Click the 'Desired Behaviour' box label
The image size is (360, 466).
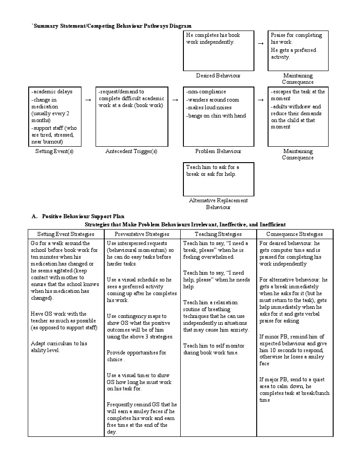pyautogui.click(x=218, y=76)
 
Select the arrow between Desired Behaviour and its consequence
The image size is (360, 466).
pyautogui.click(x=261, y=43)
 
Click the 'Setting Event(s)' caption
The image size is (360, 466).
pyautogui.click(x=54, y=151)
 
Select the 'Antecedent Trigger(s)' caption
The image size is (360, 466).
pyautogui.click(x=131, y=151)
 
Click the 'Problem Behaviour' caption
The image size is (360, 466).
pyautogui.click(x=218, y=151)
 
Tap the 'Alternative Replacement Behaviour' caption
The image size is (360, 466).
pyautogui.click(x=218, y=204)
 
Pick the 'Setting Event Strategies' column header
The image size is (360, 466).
pyautogui.click(x=66, y=234)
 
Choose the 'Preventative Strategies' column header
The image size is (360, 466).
pyautogui.click(x=142, y=234)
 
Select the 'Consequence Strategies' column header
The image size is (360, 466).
pyautogui.click(x=294, y=234)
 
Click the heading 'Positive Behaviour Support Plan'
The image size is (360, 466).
pyautogui.click(x=83, y=216)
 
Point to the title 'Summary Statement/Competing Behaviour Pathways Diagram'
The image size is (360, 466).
pyautogui.click(x=112, y=26)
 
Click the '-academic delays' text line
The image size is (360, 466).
pyautogui.click(x=51, y=92)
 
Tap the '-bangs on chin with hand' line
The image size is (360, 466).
pyautogui.click(x=216, y=116)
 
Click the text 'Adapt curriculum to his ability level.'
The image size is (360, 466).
pyautogui.click(x=59, y=347)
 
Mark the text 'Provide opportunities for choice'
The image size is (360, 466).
pyautogui.click(x=137, y=356)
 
